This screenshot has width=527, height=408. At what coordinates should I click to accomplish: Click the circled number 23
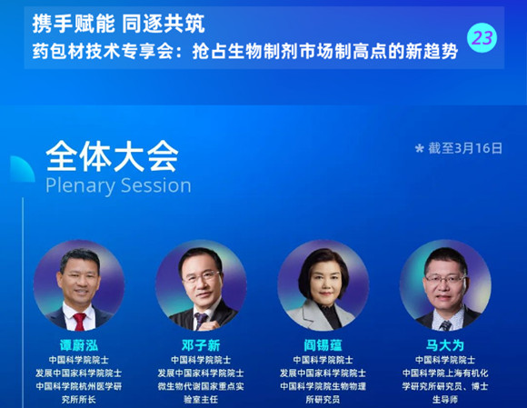click(482, 37)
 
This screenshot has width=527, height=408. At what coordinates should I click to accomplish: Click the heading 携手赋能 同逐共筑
click(118, 25)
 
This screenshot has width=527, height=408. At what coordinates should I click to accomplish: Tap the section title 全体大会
click(112, 156)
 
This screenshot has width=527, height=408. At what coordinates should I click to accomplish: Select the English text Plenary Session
click(118, 185)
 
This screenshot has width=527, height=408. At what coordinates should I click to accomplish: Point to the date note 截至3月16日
click(465, 148)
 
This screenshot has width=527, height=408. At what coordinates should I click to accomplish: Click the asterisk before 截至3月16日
click(420, 148)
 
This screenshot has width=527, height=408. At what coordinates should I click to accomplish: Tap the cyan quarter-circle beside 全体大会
click(23, 169)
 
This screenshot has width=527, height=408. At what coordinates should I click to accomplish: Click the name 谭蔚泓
click(79, 345)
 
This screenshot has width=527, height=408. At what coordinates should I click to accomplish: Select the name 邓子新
click(201, 345)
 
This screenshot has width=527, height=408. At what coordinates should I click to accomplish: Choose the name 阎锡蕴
click(323, 345)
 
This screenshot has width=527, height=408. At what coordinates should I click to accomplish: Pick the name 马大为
click(445, 345)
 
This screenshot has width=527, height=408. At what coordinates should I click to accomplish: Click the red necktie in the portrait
click(79, 322)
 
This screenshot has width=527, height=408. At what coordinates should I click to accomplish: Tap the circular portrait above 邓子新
click(201, 285)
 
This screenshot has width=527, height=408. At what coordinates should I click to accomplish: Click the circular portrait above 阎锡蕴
click(323, 285)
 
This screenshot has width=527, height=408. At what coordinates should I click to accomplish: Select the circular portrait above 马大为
click(445, 285)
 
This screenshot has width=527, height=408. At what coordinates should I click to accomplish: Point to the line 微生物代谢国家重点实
click(201, 386)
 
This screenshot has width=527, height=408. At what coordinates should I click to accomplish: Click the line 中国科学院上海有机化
click(445, 373)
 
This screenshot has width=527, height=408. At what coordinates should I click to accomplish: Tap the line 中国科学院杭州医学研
click(79, 386)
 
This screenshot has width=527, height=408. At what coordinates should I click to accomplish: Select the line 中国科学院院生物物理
click(323, 386)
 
